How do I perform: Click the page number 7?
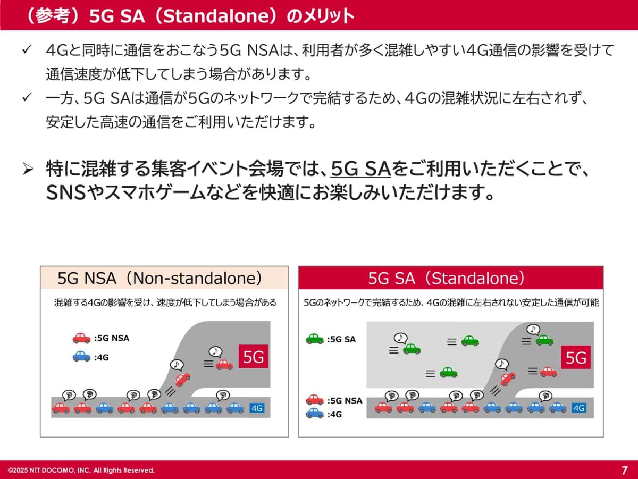point(624,470)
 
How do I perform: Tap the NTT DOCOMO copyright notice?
point(81,470)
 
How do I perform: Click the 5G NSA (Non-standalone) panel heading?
point(160,278)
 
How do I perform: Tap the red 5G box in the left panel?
point(254,357)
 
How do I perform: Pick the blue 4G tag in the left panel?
point(257,408)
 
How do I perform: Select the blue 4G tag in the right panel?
point(578,408)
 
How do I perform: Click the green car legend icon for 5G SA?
point(315,339)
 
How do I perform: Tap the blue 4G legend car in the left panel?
point(81,356)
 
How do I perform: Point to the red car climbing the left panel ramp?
point(182,379)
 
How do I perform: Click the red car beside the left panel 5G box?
point(224,365)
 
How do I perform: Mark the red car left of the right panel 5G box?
point(548,372)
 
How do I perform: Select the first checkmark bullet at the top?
point(28,51)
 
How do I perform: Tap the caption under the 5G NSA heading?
point(165,303)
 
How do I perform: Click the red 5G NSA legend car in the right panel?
point(315,400)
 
